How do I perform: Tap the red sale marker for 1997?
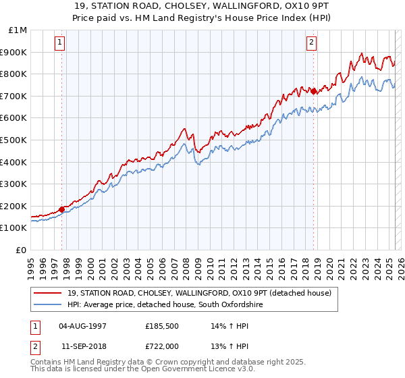point(61,209)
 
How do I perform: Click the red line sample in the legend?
point(47,294)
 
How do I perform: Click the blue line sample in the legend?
point(47,305)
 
